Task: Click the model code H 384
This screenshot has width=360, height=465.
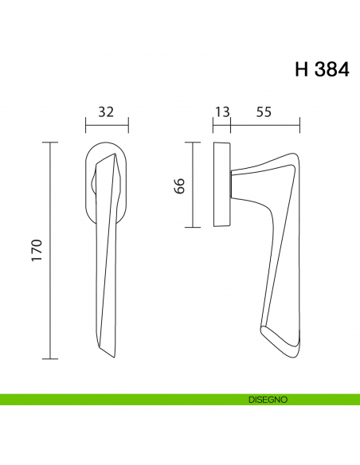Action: [321, 69]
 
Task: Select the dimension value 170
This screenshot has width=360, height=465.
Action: [37, 252]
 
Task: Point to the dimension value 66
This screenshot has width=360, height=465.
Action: [179, 186]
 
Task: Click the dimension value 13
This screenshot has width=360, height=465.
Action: [221, 112]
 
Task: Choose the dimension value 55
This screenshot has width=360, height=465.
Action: [265, 112]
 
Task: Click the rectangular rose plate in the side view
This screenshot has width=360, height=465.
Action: [222, 185]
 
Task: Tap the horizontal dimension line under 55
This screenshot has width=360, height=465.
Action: [265, 125]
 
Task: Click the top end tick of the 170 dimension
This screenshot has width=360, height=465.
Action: [51, 143]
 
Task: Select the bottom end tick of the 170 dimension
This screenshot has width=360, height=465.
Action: [51, 359]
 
